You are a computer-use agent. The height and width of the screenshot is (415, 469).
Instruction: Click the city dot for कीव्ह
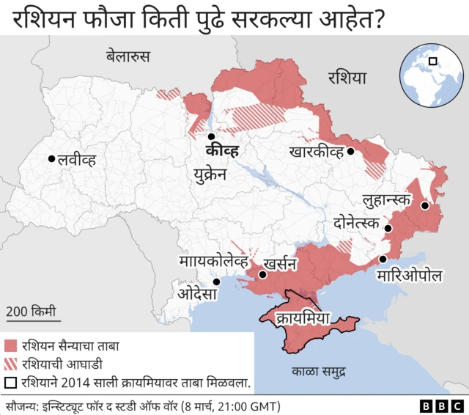point(211,136)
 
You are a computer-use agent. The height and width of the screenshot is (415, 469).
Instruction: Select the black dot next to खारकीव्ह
point(351,152)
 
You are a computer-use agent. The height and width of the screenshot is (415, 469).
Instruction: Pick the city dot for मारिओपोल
point(383,260)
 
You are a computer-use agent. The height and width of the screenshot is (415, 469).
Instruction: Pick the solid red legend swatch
point(11,345)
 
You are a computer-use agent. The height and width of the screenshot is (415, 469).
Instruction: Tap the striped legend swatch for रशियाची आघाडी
point(11,364)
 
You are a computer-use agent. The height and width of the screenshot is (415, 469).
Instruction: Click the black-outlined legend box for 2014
point(11,382)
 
